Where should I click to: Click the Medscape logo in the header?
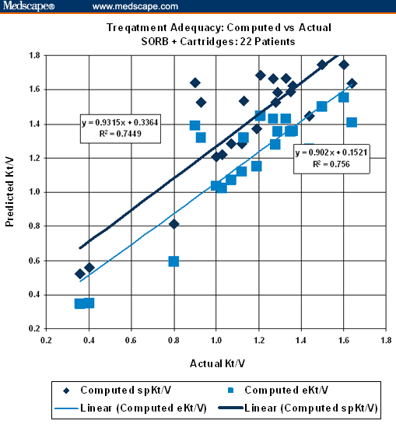(28, 6)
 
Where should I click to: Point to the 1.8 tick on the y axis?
(33, 55)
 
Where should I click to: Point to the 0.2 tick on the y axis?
(33, 328)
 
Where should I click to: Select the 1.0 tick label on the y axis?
(33, 192)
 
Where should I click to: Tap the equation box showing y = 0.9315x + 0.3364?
(121, 128)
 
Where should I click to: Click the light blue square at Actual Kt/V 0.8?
(173, 261)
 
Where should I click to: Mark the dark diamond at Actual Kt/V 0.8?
(174, 224)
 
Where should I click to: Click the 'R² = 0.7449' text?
(121, 134)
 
